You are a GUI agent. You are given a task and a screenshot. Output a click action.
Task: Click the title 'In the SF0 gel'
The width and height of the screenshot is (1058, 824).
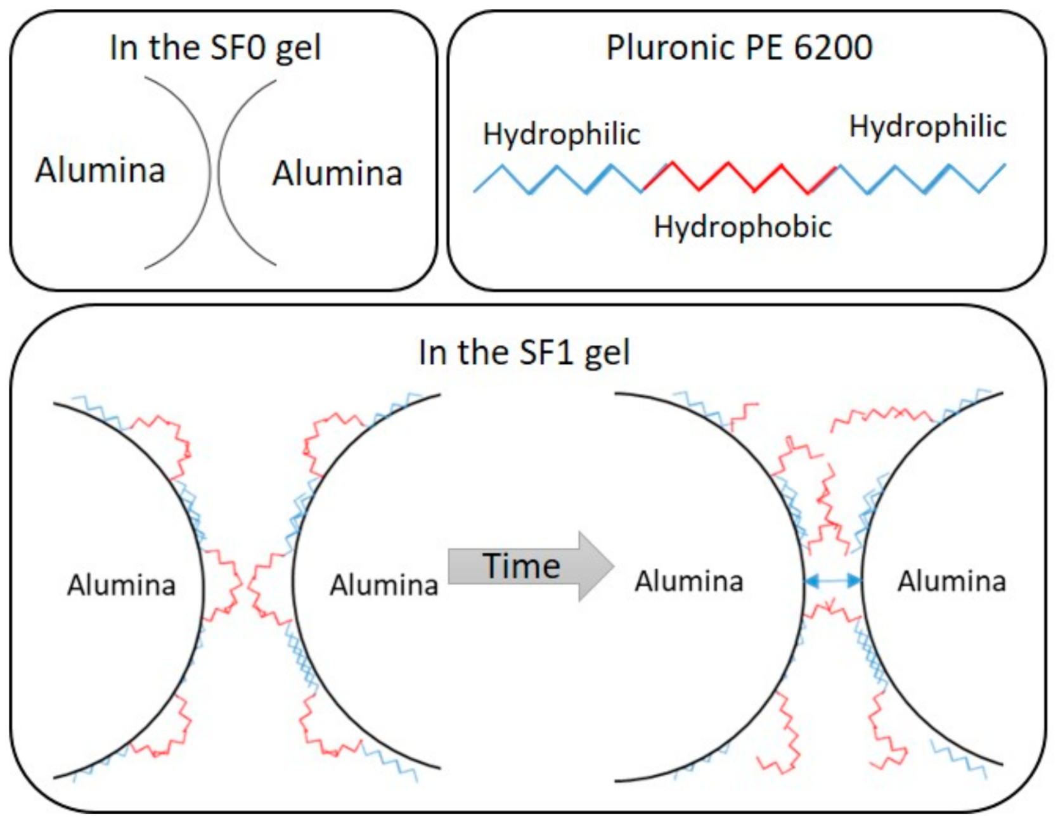point(216,48)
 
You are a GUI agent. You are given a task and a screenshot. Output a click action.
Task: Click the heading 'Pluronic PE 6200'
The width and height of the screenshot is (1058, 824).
point(739,48)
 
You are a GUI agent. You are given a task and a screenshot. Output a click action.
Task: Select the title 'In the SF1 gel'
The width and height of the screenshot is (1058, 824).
point(524,352)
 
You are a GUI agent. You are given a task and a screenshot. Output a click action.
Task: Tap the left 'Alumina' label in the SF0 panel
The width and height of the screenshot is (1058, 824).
point(100,171)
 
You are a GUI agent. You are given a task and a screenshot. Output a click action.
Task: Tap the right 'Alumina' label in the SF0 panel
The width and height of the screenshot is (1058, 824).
point(337,174)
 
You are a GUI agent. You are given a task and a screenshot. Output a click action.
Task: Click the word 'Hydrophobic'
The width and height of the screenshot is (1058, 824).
point(742,227)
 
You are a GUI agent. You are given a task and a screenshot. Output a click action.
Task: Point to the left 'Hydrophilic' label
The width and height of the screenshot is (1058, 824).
point(562,134)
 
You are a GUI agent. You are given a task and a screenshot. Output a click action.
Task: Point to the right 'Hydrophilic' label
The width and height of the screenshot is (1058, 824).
point(927,127)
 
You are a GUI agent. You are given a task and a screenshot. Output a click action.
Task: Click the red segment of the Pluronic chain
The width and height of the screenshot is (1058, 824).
point(740,177)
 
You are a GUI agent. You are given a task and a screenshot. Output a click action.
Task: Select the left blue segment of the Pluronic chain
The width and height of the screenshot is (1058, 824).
point(558,179)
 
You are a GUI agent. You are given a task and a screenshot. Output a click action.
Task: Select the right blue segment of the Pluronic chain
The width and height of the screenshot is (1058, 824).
point(922,179)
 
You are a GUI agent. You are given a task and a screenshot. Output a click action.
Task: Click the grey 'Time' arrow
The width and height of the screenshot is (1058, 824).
point(593,566)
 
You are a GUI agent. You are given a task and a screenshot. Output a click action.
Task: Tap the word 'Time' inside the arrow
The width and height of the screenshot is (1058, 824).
point(521,566)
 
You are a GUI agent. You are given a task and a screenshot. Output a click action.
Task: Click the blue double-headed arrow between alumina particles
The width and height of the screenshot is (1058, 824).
point(832,581)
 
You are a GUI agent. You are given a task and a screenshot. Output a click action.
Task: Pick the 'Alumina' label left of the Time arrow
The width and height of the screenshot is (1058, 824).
point(384,585)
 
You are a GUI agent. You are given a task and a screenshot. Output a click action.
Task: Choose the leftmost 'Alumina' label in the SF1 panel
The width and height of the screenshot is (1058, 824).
point(122,585)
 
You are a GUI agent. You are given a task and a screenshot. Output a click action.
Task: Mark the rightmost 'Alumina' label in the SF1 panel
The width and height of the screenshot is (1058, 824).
point(952,581)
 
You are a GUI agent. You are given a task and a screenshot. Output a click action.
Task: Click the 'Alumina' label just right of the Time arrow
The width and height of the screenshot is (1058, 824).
point(689,581)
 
